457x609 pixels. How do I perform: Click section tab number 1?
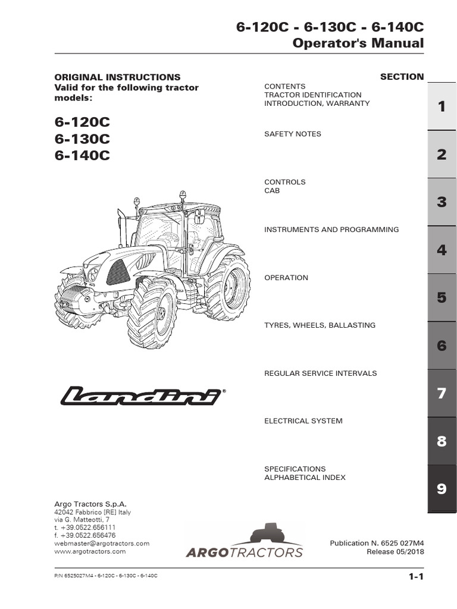(x=442, y=106)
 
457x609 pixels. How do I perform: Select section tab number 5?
(x=442, y=297)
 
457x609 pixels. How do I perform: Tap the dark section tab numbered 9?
(x=442, y=489)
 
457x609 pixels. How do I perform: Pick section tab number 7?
(x=442, y=393)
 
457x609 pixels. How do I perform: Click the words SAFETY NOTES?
(x=292, y=134)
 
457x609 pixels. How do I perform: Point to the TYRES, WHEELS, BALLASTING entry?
(x=320, y=325)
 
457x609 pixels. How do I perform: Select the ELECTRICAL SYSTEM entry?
(x=303, y=421)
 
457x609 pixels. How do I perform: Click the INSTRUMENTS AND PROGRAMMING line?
(x=331, y=230)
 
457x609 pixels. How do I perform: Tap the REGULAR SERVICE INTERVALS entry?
(x=320, y=373)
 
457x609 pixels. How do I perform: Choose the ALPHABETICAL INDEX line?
(x=305, y=478)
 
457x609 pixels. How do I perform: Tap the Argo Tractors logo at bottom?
(x=245, y=541)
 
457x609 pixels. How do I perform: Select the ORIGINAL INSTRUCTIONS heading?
(x=117, y=77)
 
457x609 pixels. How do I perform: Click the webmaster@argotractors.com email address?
(x=102, y=544)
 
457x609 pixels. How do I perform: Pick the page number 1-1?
(x=415, y=576)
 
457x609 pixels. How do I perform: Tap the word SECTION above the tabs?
(x=402, y=77)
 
